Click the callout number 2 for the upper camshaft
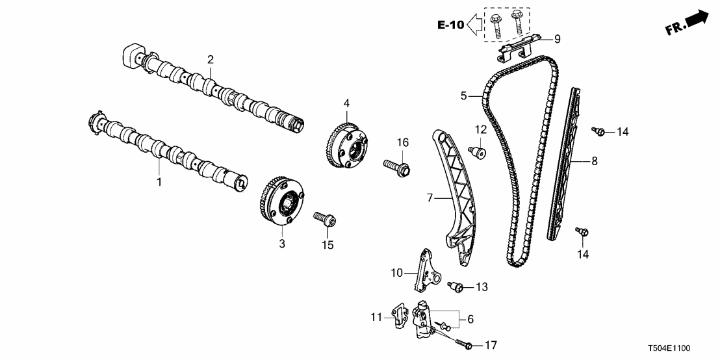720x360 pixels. coord(211,60)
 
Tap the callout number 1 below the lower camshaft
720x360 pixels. coord(159,182)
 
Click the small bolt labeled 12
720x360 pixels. coord(478,153)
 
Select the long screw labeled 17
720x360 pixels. coord(461,342)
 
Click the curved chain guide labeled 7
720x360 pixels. coord(455,195)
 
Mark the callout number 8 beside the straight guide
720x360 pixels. coord(594,159)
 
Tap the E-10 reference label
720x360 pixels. coord(450,26)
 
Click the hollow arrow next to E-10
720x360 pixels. coord(474,26)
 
